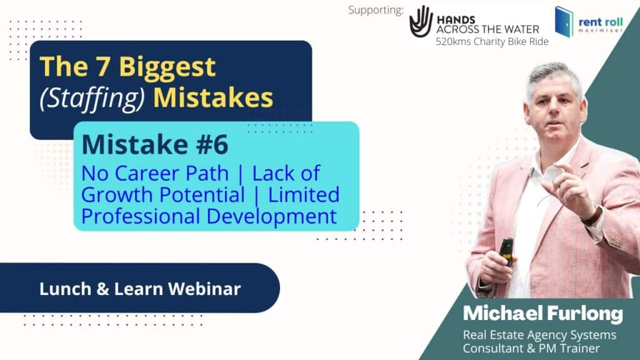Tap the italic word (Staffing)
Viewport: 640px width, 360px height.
tap(92, 99)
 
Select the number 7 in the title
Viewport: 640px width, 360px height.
tap(103, 66)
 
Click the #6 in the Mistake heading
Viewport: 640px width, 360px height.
tap(212, 144)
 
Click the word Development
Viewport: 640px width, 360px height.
tap(272, 217)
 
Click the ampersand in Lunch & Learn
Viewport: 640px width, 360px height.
tap(102, 289)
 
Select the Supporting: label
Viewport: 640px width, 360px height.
tap(376, 10)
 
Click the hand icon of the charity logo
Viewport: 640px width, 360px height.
tap(421, 22)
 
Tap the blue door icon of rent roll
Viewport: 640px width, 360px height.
tap(564, 22)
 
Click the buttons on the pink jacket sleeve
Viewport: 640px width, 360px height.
tap(616, 242)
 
